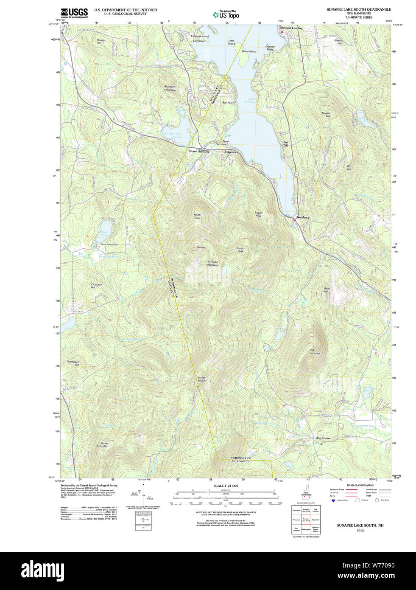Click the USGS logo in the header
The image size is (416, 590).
(74, 13)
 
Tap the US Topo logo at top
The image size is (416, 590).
(226, 14)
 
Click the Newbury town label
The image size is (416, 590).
(303, 217)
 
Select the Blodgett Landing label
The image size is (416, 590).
(291, 28)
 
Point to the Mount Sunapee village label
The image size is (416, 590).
(199, 152)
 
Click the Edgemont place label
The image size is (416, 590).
(232, 152)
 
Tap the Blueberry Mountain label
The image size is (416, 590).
(170, 88)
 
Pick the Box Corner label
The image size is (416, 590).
(323, 438)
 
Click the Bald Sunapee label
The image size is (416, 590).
(315, 351)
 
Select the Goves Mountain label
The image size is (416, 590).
(103, 444)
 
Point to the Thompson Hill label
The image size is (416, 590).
(73, 363)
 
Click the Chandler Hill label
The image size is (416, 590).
(96, 286)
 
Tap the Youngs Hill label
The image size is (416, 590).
(101, 42)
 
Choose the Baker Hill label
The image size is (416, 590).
(338, 42)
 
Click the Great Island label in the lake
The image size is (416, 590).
(249, 51)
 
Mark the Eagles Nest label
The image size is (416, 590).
(258, 214)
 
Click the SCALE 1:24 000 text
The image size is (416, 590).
(226, 486)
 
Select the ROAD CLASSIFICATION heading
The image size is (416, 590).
(360, 485)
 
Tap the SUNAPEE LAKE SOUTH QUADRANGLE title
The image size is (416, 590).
(358, 9)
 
